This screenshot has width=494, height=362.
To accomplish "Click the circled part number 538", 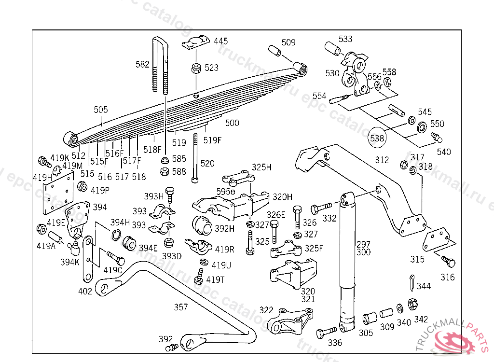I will (x=378, y=138).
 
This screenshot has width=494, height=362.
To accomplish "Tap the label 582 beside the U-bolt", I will (x=142, y=64).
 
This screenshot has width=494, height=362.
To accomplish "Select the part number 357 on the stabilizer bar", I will (x=181, y=306).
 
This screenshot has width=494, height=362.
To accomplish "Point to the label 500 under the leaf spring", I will (x=232, y=123).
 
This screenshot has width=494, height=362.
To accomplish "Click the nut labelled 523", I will (x=195, y=68).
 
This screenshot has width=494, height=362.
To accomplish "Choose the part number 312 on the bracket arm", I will (x=382, y=160).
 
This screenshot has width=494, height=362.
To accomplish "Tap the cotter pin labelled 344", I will (x=411, y=283).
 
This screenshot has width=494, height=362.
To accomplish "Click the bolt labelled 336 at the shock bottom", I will (x=327, y=333).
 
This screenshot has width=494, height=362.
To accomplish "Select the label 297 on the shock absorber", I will (x=363, y=244).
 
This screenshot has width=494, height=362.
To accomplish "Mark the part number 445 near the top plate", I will (x=221, y=41).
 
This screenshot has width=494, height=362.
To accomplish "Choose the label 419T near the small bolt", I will (x=215, y=279).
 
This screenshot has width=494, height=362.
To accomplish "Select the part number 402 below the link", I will (x=85, y=291).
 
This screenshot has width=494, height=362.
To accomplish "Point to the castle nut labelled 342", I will (x=412, y=304).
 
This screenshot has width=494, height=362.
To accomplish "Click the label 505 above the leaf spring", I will (x=101, y=110).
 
